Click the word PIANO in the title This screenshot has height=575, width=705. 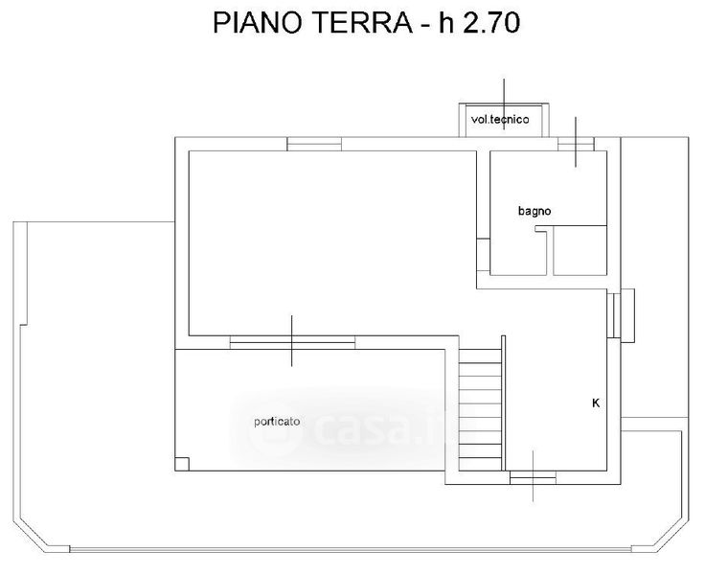257,22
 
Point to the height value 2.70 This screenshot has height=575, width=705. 491,22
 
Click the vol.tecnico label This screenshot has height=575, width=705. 500,120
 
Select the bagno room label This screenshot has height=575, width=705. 534,211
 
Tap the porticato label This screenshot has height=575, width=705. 277,422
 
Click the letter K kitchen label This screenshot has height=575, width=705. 596,403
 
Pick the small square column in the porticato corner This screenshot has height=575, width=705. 182,464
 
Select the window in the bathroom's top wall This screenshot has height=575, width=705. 576,144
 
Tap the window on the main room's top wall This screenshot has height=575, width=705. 314,144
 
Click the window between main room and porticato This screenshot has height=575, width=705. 292,342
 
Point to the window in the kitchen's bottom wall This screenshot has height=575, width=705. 533,478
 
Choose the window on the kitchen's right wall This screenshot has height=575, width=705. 614,315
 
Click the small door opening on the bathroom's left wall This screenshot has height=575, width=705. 484,255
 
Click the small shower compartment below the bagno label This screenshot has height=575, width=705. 580,250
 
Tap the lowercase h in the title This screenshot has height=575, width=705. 446,22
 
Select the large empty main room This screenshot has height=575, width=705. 332,243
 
